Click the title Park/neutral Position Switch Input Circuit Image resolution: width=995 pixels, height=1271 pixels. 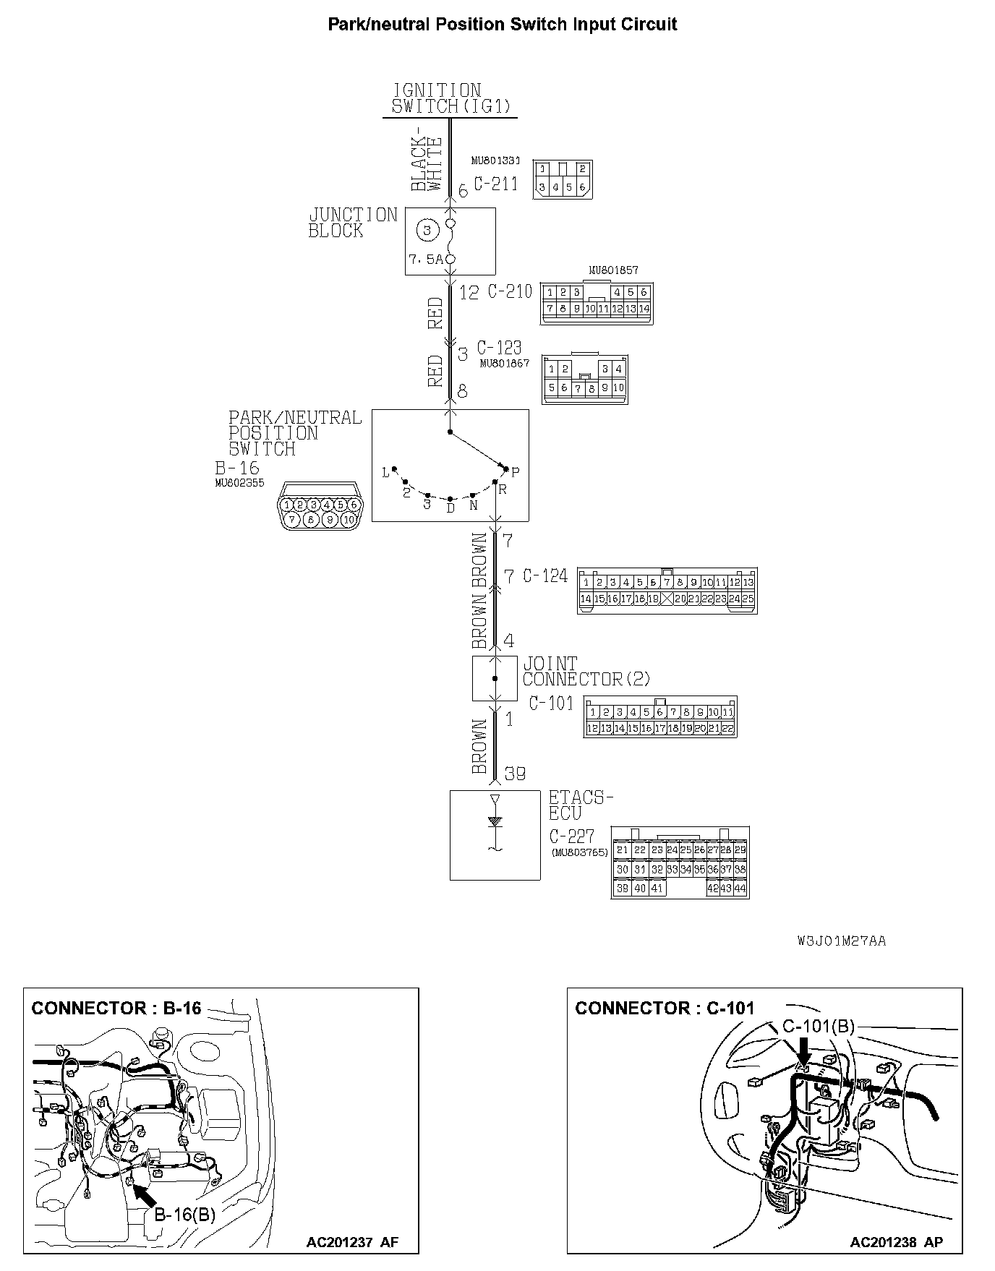pos(503,24)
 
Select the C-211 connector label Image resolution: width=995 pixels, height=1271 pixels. pos(496,184)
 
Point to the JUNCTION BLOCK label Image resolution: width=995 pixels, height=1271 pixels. pos(353,223)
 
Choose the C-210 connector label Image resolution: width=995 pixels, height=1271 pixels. pos(510,291)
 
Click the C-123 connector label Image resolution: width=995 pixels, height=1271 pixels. pos(499,348)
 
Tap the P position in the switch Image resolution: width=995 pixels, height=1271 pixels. pos(515,472)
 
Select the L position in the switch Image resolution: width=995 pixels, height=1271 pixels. pos(385,473)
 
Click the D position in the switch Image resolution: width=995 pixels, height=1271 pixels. pos(450,508)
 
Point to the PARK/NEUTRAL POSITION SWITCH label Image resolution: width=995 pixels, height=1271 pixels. pos(295,433)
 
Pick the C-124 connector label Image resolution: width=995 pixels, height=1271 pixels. pos(545,575)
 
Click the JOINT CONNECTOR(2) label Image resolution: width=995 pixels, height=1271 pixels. pos(586,672)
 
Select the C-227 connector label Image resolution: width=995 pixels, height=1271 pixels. pos(571,836)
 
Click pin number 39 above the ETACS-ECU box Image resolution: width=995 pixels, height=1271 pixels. pos(515,774)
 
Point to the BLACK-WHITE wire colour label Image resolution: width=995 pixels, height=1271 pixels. pos(427,164)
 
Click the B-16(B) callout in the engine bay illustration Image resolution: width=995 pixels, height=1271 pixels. pos(185,1214)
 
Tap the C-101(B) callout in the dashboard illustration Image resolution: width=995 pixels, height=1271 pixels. pos(819,1027)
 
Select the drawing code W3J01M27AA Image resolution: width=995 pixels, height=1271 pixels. pos(842,941)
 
